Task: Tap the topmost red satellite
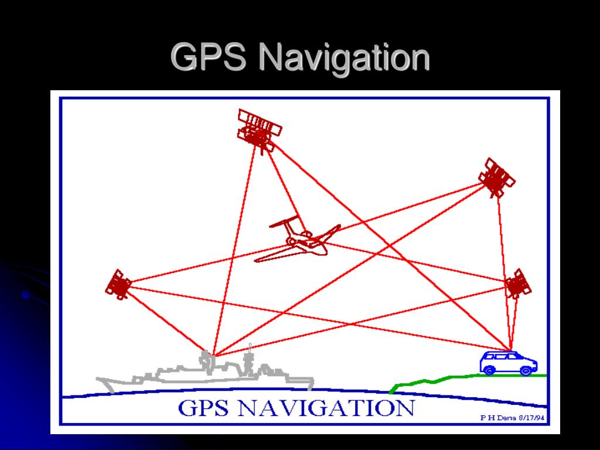pyautogui.click(x=258, y=131)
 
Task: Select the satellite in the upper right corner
pyautogui.click(x=496, y=178)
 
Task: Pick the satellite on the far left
pyautogui.click(x=118, y=285)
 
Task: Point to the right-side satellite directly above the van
pyautogui.click(x=517, y=284)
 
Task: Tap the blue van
pyautogui.click(x=508, y=363)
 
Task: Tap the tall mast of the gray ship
pyautogui.click(x=250, y=354)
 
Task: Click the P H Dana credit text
pyautogui.click(x=494, y=418)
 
